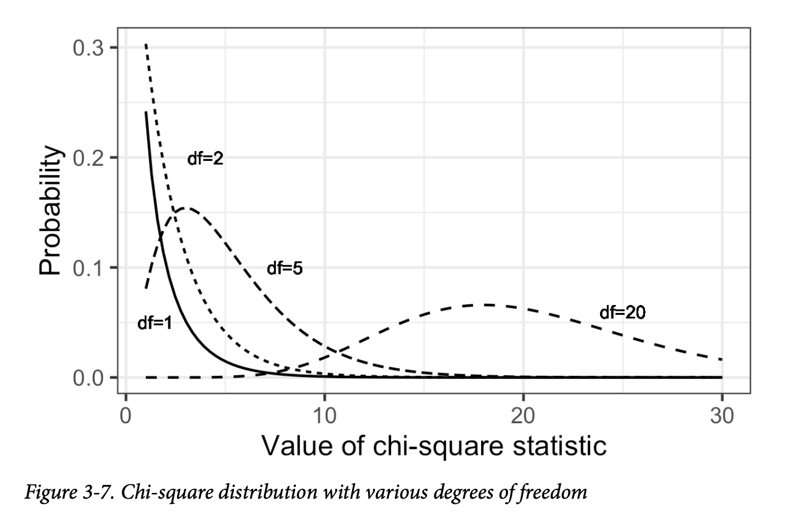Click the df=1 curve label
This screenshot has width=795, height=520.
coord(155,323)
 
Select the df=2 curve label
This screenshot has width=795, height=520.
coord(205,159)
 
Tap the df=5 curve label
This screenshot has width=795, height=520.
coord(284,268)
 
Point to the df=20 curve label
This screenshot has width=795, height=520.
coord(622,312)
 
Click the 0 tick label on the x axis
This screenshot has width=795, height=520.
coord(125,415)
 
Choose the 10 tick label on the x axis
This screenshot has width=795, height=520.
coord(324,415)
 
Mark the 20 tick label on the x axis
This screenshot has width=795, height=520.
coord(523,415)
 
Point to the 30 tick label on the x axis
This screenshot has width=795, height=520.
coord(721,415)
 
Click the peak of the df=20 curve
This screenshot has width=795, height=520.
coord(486,304)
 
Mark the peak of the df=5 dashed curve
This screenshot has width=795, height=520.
coord(185,208)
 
